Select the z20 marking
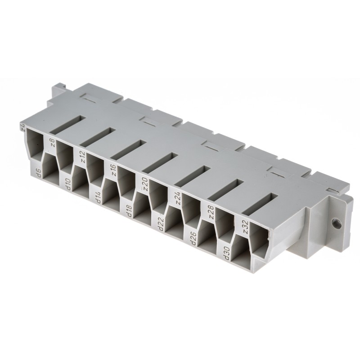tap(144, 185)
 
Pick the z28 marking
tap(209, 212)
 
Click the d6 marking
tap(38, 173)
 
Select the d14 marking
tap(97, 198)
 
